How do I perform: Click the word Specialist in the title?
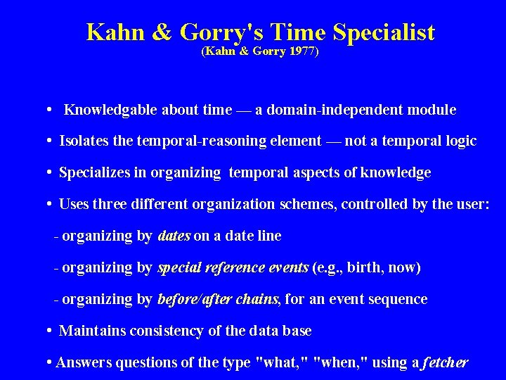coord(384,32)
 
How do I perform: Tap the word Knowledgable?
coord(111,110)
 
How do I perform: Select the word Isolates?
coord(84,141)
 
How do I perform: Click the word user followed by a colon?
coord(473,205)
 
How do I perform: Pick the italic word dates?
coord(174,236)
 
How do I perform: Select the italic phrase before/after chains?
coord(219,300)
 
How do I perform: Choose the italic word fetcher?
coord(445,363)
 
